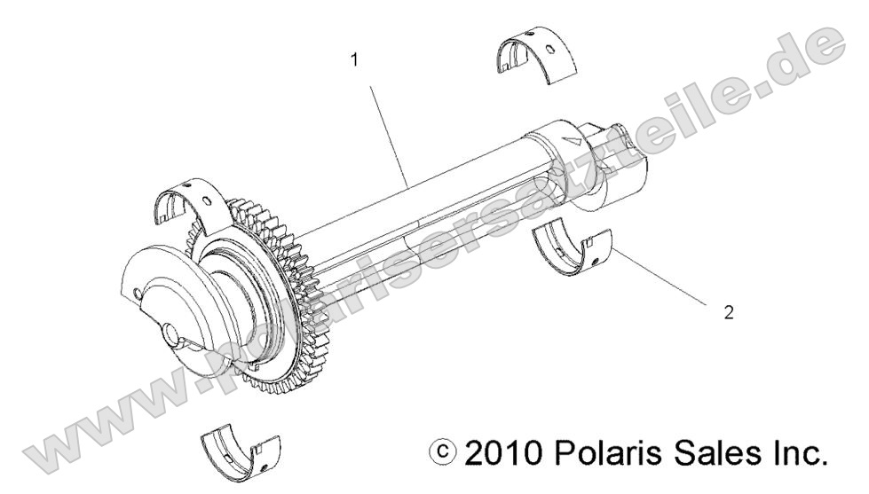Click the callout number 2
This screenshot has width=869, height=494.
(x=729, y=314)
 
